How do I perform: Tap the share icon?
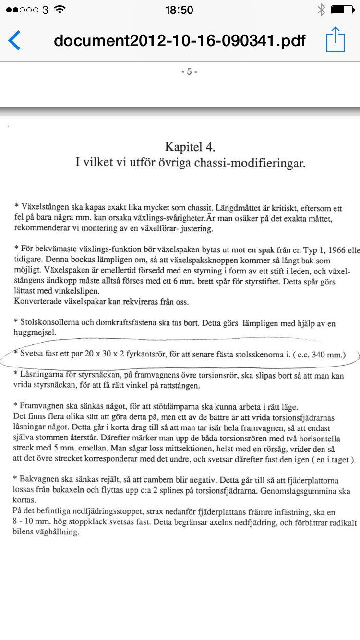tap(336, 40)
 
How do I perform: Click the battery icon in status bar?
tap(342, 10)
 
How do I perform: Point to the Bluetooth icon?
tap(321, 10)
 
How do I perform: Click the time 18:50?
tap(179, 10)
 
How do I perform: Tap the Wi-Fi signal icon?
tap(60, 10)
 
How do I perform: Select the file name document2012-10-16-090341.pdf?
tap(180, 40)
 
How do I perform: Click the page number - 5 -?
tap(189, 72)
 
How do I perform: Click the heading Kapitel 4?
tap(190, 146)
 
